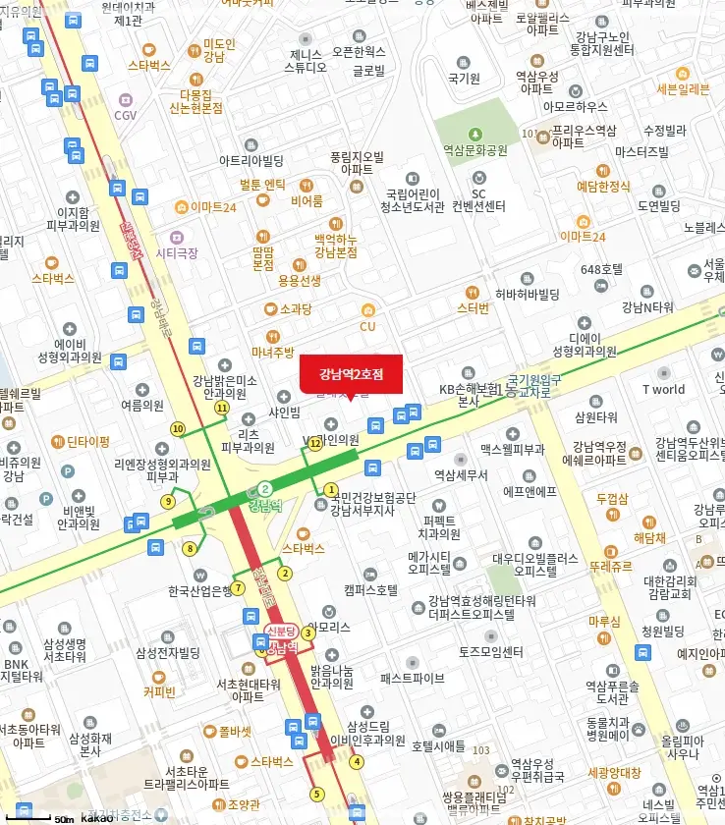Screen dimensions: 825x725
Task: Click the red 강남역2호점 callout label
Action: click(x=350, y=374)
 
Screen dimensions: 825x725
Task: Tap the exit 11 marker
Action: click(x=222, y=408)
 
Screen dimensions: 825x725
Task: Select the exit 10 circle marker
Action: click(x=178, y=428)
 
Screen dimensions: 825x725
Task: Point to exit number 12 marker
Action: click(x=315, y=444)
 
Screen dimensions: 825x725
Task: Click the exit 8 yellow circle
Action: click(x=190, y=548)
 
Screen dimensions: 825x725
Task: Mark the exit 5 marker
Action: click(x=316, y=794)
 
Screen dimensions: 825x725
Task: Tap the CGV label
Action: click(x=125, y=115)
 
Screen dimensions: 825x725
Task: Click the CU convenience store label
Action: click(x=367, y=326)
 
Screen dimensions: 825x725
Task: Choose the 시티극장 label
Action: click(x=177, y=252)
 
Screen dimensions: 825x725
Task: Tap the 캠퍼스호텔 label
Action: click(x=370, y=590)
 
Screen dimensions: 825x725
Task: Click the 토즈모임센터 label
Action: click(x=491, y=650)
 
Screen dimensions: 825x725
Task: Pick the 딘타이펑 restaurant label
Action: click(x=88, y=441)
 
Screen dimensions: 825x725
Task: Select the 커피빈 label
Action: click(x=158, y=690)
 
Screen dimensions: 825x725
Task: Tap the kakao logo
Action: click(x=96, y=818)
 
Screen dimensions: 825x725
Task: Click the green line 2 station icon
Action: click(x=265, y=489)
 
